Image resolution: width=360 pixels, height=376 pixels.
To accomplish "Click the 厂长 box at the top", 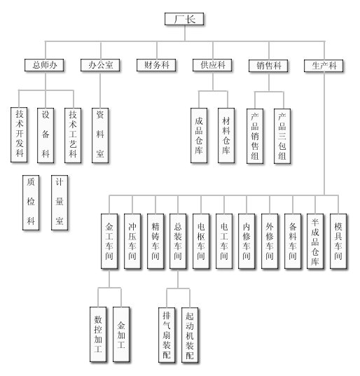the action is pos(184,19).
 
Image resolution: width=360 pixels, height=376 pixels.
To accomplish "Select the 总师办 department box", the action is pos(44,65).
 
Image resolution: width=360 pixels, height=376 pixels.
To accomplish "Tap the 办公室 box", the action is pos(100,65).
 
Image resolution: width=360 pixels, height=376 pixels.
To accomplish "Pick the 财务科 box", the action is pos(156,65).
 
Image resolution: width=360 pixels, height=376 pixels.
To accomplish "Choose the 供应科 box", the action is pos(212,65).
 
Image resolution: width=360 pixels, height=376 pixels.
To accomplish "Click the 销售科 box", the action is pos(268,65).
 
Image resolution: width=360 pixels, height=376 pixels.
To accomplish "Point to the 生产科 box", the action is pos(324,65).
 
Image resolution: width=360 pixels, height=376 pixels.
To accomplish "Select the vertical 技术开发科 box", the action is pos(19,134).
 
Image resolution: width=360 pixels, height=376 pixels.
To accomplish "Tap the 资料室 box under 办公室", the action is pos(100,135).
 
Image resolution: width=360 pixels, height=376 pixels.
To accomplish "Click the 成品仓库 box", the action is pos(199,135).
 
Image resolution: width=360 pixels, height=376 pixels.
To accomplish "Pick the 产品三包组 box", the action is pos(282,137).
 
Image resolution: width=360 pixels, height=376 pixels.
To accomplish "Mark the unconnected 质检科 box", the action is pos(31,202).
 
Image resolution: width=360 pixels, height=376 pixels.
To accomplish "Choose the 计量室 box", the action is pos(60,202).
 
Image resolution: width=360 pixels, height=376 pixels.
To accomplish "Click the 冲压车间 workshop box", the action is pos(132,241).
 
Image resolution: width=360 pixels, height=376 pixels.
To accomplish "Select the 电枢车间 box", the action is pos(201,241).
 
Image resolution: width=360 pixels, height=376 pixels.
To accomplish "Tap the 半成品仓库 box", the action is pos(315,241).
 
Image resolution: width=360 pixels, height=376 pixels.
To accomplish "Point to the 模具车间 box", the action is pos(338,241).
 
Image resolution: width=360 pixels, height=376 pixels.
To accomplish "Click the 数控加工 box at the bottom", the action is pos(98,334).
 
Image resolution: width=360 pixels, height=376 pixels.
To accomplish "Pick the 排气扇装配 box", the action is pos(167,335).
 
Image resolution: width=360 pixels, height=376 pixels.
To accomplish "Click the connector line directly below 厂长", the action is pos(185,33).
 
